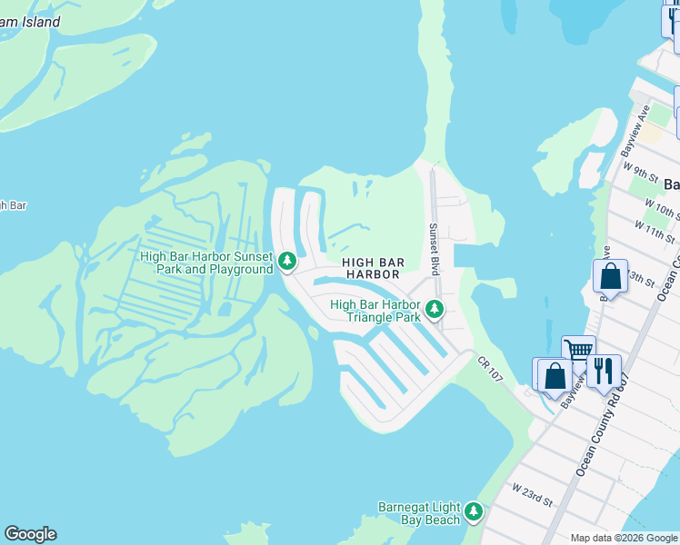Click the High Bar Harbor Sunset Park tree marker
(x=287, y=262)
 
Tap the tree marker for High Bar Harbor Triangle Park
(x=435, y=310)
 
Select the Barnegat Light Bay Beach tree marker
(x=473, y=512)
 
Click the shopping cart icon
(x=578, y=351)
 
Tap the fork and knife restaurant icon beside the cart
(x=604, y=371)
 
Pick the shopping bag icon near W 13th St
(x=611, y=276)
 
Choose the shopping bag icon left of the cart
(x=554, y=374)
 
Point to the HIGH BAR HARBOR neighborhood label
(x=372, y=268)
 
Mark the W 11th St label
(x=655, y=232)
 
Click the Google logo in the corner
(x=30, y=534)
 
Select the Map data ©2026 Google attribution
(x=624, y=538)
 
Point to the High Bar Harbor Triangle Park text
(x=375, y=311)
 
